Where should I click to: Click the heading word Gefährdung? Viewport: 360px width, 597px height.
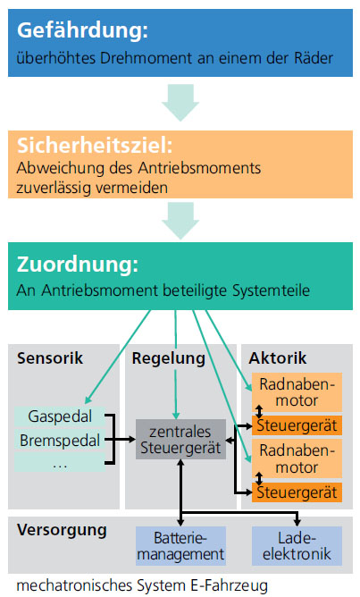pyautogui.click(x=82, y=30)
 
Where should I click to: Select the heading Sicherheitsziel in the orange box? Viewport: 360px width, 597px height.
pyautogui.click(x=95, y=146)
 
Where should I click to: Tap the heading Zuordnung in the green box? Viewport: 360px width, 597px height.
pyautogui.click(x=78, y=265)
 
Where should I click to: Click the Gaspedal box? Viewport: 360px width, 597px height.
pyautogui.click(x=60, y=416)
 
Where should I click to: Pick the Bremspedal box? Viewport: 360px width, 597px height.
pyautogui.click(x=60, y=441)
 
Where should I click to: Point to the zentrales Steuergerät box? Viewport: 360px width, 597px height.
pyautogui.click(x=180, y=440)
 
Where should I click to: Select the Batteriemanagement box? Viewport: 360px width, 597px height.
pyautogui.click(x=180, y=546)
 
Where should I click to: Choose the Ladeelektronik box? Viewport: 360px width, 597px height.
pyautogui.click(x=297, y=546)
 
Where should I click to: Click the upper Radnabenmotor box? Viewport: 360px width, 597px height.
pyautogui.click(x=297, y=392)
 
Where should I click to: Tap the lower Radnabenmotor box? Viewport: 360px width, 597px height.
pyautogui.click(x=297, y=458)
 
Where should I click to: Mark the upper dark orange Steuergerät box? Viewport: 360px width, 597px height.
pyautogui.click(x=297, y=425)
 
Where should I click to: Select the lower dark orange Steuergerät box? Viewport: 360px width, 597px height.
pyautogui.click(x=297, y=492)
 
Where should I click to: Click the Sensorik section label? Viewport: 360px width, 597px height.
pyautogui.click(x=50, y=358)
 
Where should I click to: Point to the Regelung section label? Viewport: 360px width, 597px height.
pyautogui.click(x=169, y=359)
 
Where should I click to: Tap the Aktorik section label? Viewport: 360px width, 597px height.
pyautogui.click(x=278, y=358)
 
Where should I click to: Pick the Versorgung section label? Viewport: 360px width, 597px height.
pyautogui.click(x=62, y=530)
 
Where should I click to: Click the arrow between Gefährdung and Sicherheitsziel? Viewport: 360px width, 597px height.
pyautogui.click(x=180, y=103)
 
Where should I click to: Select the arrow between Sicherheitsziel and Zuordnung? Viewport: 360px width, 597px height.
pyautogui.click(x=180, y=221)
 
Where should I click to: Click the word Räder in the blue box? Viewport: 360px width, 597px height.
pyautogui.click(x=314, y=58)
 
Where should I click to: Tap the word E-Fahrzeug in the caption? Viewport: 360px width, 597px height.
pyautogui.click(x=229, y=585)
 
